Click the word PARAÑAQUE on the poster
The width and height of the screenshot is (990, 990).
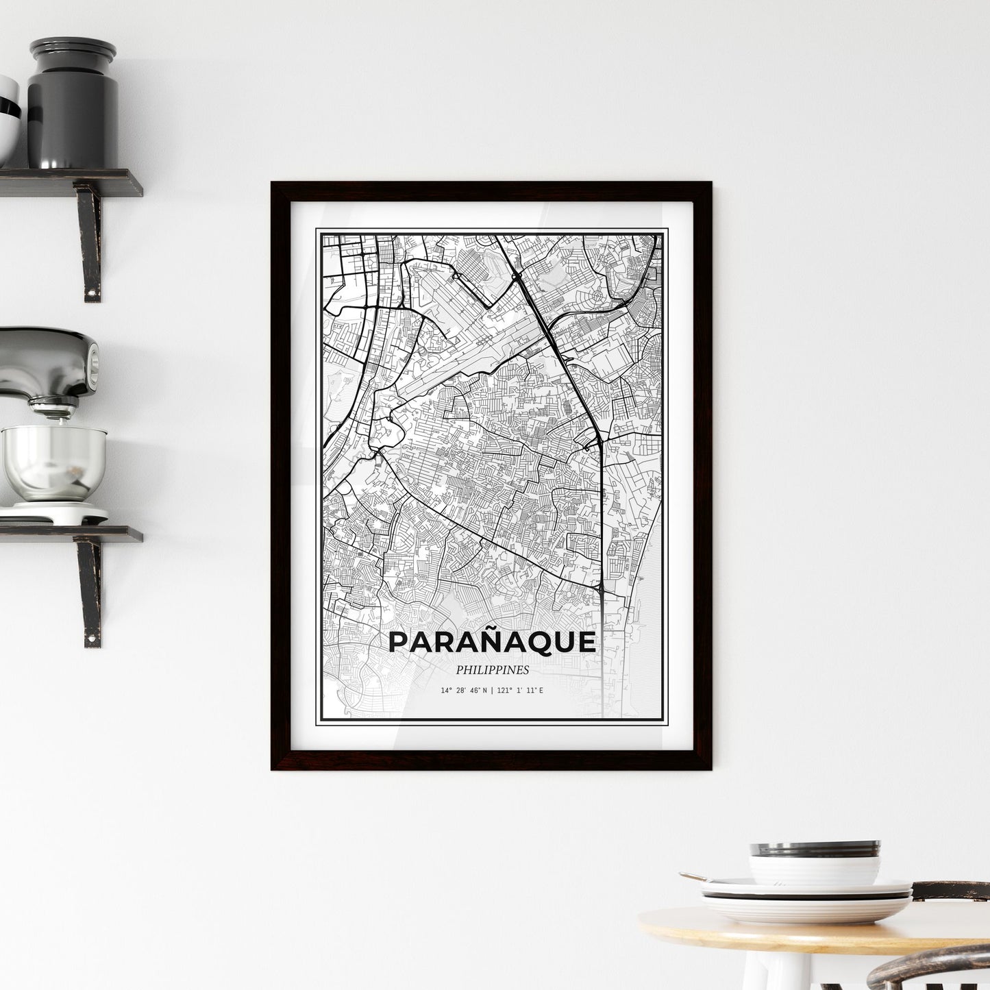491,642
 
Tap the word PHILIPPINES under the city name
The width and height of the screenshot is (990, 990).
491,670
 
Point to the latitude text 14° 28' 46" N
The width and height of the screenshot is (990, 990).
464,690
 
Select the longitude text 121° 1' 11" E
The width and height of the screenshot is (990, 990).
518,690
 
